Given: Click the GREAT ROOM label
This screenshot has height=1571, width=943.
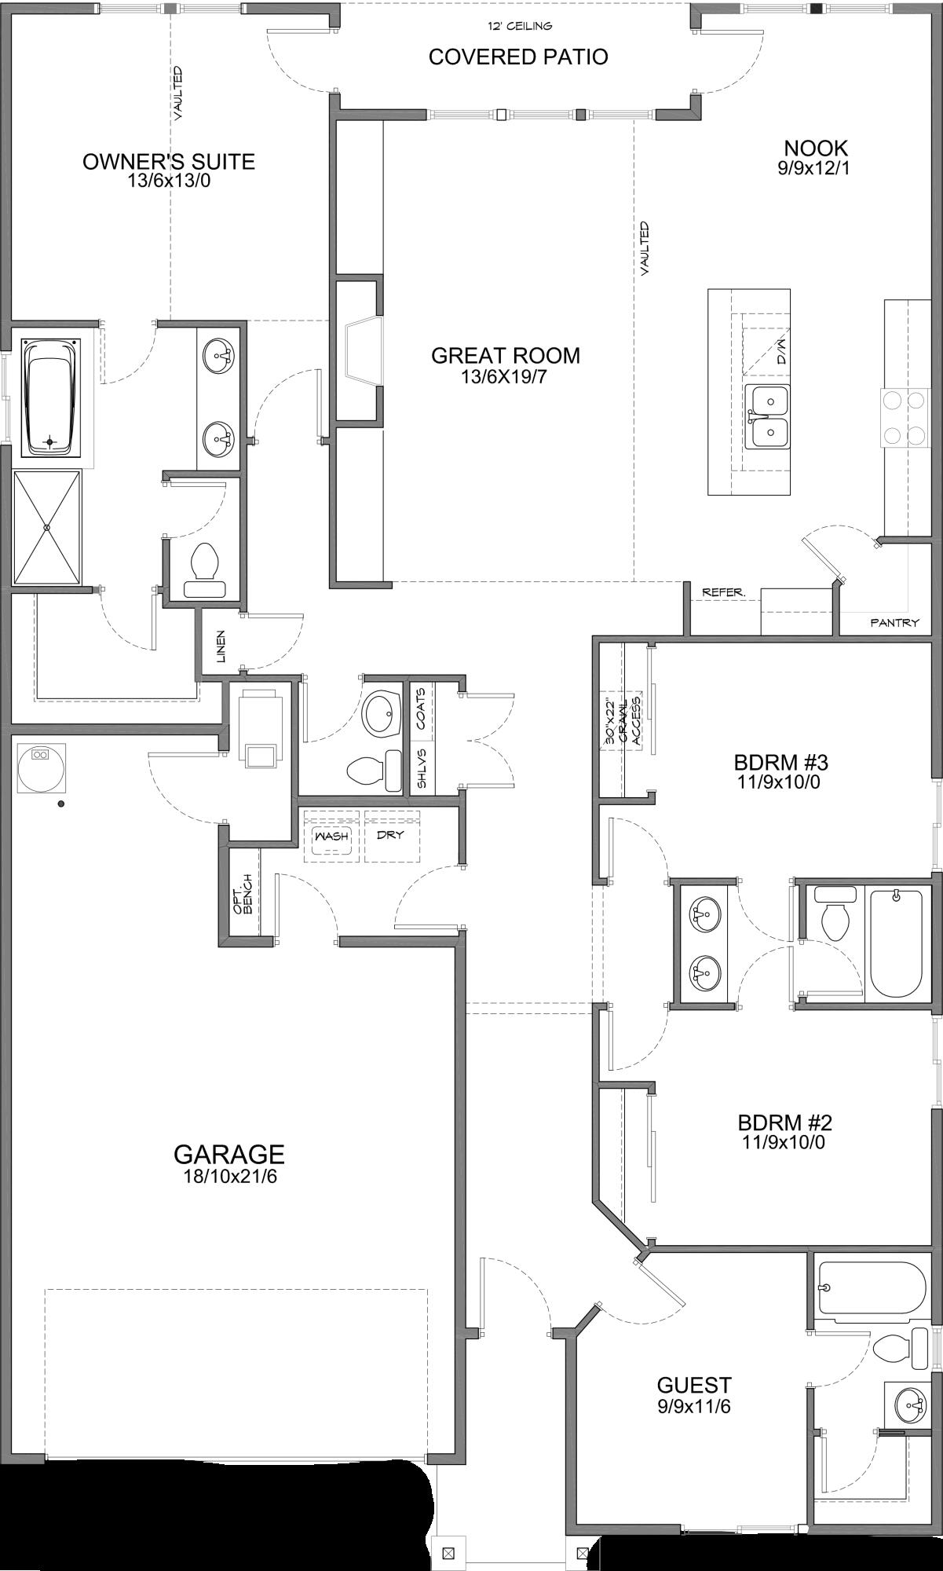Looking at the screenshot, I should click(506, 355).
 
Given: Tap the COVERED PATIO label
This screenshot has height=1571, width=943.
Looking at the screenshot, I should click(518, 57).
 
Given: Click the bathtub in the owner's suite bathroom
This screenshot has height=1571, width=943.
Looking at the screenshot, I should click(51, 397).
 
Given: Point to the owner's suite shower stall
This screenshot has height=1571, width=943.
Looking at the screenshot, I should click(47, 527).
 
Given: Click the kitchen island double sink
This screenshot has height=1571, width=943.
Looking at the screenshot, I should click(768, 416).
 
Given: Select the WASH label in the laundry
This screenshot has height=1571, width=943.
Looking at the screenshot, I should click(331, 836).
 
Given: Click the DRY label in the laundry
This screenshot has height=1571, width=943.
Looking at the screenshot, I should click(390, 834).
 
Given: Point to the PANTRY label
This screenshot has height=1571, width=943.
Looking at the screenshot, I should click(894, 623).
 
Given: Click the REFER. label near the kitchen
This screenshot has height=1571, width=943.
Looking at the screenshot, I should click(723, 592).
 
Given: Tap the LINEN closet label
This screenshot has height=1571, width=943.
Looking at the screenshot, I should click(221, 646).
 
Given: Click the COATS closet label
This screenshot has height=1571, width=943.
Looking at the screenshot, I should click(421, 708).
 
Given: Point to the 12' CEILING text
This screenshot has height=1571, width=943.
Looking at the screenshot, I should click(519, 26).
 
